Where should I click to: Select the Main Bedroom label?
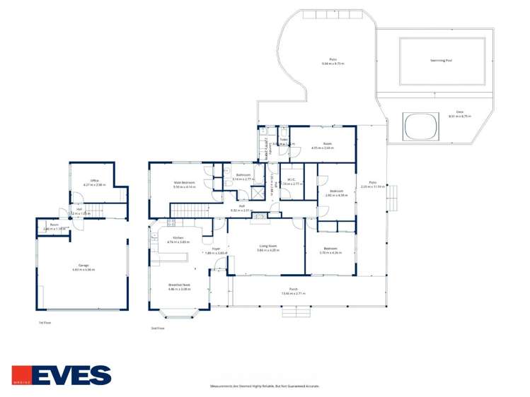click(184, 183)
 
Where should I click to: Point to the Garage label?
click(84, 266)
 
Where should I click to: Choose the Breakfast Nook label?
click(179, 287)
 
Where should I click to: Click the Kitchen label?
click(178, 238)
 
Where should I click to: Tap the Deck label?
click(459, 112)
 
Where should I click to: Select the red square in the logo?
click(21, 374)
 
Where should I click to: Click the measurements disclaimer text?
click(265, 386)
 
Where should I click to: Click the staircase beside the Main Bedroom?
click(190, 211)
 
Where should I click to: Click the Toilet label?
click(282, 139)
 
